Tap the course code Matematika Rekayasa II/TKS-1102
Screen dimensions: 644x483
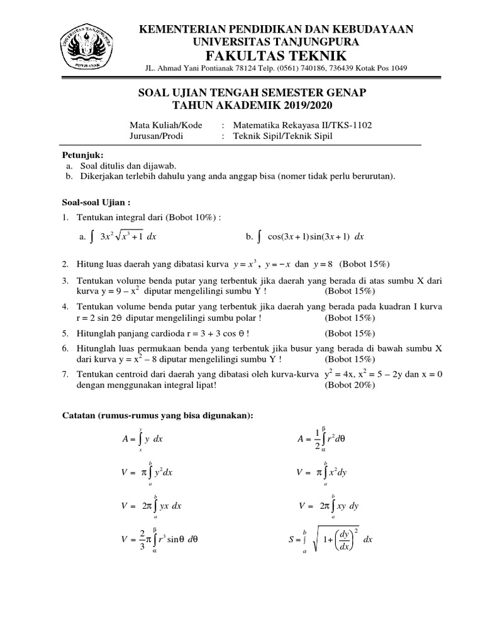(302, 125)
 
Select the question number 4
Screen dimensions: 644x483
(65, 306)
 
